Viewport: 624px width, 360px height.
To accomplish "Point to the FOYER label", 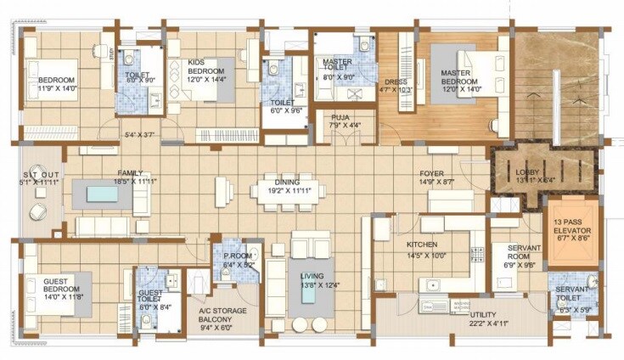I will (431, 172).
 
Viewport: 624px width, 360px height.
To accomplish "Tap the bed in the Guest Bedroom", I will (67, 293).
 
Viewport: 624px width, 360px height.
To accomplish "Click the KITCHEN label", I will (423, 245).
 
